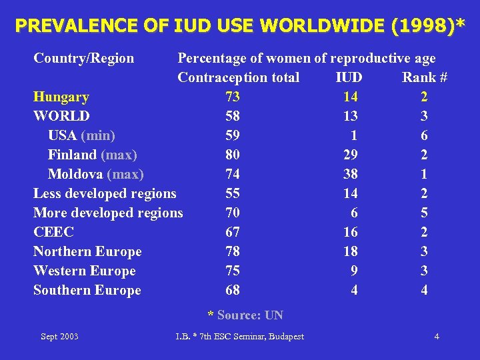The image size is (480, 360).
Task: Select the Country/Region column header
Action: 83,58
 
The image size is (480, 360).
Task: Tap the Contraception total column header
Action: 238,77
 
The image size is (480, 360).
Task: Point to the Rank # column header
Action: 424,77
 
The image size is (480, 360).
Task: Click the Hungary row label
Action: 61,97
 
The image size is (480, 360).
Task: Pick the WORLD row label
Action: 61,116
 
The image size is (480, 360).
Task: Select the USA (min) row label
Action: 81,135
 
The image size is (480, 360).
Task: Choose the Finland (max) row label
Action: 92,155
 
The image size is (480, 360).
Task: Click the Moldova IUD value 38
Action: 350,174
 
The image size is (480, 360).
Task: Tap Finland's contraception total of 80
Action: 233,155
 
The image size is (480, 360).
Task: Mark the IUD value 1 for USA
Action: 353,135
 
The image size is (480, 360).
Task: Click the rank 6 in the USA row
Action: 424,135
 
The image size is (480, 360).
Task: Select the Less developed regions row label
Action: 105,193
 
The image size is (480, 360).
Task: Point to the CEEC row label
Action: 53,232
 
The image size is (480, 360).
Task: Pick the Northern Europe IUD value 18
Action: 350,251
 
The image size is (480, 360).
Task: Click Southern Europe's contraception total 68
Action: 233,290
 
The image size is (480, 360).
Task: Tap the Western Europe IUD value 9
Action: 353,271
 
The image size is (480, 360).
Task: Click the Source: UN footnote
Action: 245,315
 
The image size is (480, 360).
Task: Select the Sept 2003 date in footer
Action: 59,336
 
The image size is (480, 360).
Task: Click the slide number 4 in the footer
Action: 436,336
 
